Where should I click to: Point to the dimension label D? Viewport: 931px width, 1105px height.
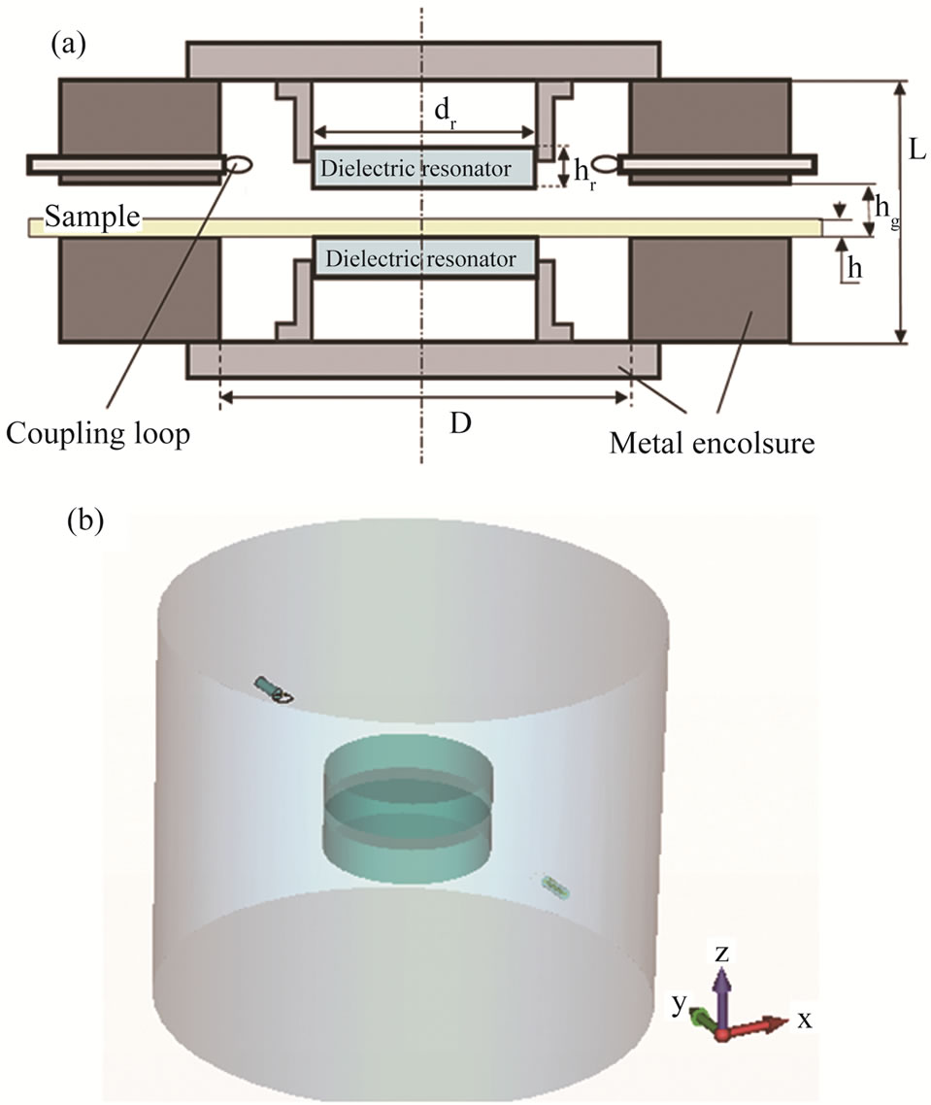point(460,424)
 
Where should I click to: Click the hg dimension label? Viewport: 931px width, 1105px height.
point(884,209)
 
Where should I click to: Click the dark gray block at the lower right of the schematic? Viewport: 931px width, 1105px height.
point(709,291)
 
